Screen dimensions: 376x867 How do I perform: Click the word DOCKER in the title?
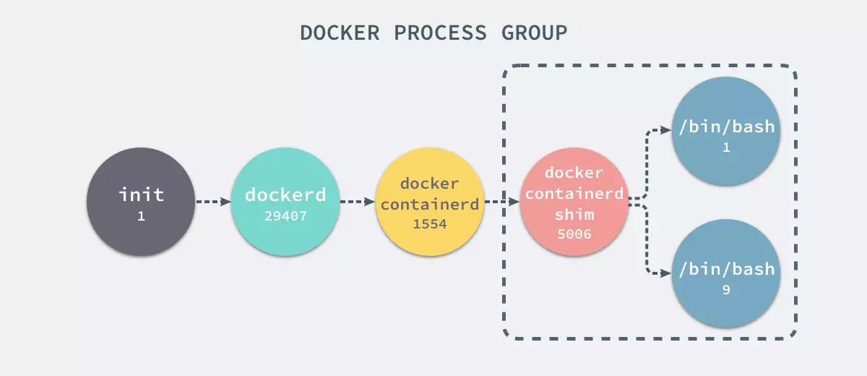pyautogui.click(x=335, y=33)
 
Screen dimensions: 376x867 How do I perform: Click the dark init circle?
pyautogui.click(x=141, y=202)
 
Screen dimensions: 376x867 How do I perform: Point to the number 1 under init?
pyautogui.click(x=141, y=215)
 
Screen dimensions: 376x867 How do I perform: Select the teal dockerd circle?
pyautogui.click(x=285, y=202)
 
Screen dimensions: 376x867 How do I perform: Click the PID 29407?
pyautogui.click(x=285, y=215)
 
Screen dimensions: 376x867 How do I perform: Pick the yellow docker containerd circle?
pyautogui.click(x=430, y=202)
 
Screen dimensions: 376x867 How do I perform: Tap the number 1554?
pyautogui.click(x=430, y=224)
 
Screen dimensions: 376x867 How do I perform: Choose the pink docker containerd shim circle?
pyautogui.click(x=574, y=202)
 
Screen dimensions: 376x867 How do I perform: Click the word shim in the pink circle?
pyautogui.click(x=574, y=215)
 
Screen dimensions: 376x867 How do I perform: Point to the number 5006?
pyautogui.click(x=574, y=234)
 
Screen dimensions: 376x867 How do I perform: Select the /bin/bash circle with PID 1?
pyautogui.click(x=725, y=134)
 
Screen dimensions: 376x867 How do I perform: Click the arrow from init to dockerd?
pyautogui.click(x=212, y=202)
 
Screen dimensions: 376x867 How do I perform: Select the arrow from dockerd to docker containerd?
pyautogui.click(x=357, y=202)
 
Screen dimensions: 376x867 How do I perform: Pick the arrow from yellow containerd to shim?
pyautogui.click(x=501, y=202)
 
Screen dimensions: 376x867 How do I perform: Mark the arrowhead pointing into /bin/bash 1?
pyautogui.click(x=667, y=131)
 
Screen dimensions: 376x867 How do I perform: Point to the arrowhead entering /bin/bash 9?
pyautogui.click(x=667, y=273)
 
